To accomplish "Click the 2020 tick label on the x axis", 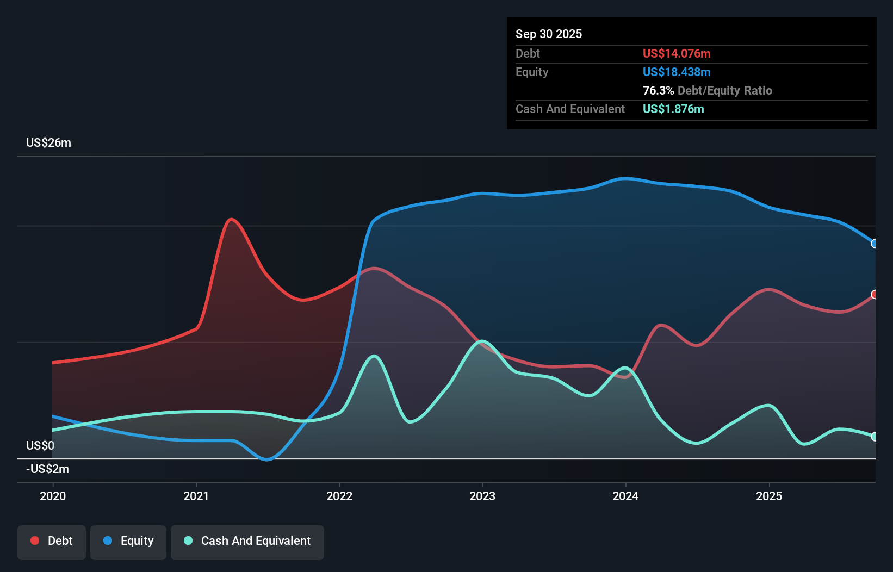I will pos(53,496).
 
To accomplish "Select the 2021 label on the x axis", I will pos(196,496).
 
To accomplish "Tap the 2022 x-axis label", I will pos(339,496).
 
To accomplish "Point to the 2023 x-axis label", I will pos(482,496).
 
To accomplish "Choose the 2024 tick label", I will pos(625,496).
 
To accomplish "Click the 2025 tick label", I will pos(769,496).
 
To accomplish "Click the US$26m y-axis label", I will pos(48,143).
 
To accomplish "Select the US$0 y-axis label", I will pos(40,446).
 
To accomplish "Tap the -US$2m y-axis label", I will pos(48,469).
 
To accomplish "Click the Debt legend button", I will pos(52,541).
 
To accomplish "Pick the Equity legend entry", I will pos(128,541).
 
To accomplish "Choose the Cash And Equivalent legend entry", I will pos(247,541).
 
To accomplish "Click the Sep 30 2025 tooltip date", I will pos(548,34).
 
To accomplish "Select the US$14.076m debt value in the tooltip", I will pos(676,54).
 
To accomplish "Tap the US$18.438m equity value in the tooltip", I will pos(676,72).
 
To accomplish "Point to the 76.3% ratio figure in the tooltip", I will pos(658,91).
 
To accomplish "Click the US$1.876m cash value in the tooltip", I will pos(673,109).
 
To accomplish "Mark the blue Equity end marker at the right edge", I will pos(875,244).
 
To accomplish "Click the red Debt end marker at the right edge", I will pos(875,294).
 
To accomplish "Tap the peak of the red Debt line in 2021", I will pos(232,219).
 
